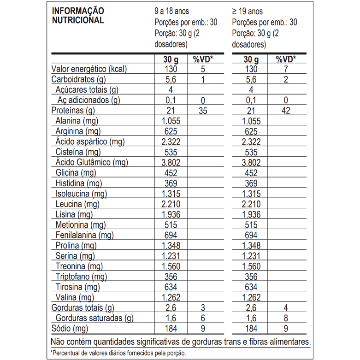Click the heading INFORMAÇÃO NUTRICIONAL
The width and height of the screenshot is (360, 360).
point(78,15)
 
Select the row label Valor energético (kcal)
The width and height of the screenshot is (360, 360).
point(89,69)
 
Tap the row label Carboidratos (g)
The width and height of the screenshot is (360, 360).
point(79,79)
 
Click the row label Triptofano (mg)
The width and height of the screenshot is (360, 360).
point(81,277)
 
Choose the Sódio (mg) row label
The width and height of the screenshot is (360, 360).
point(70,329)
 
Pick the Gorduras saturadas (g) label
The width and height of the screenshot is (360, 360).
point(94,318)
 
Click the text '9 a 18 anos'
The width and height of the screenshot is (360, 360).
point(171,11)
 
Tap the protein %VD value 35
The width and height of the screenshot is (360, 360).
point(202,111)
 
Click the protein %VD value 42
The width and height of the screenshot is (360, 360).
point(286,111)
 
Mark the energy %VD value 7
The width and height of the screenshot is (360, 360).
point(286,69)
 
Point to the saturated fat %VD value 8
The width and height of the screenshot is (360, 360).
point(286,318)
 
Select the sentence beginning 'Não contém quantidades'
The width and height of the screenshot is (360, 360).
point(180,342)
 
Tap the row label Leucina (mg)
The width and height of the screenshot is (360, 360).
point(77,204)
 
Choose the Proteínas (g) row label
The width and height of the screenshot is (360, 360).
point(73,111)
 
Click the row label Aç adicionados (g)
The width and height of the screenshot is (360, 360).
point(89,100)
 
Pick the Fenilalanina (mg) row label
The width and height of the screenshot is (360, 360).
point(84,235)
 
